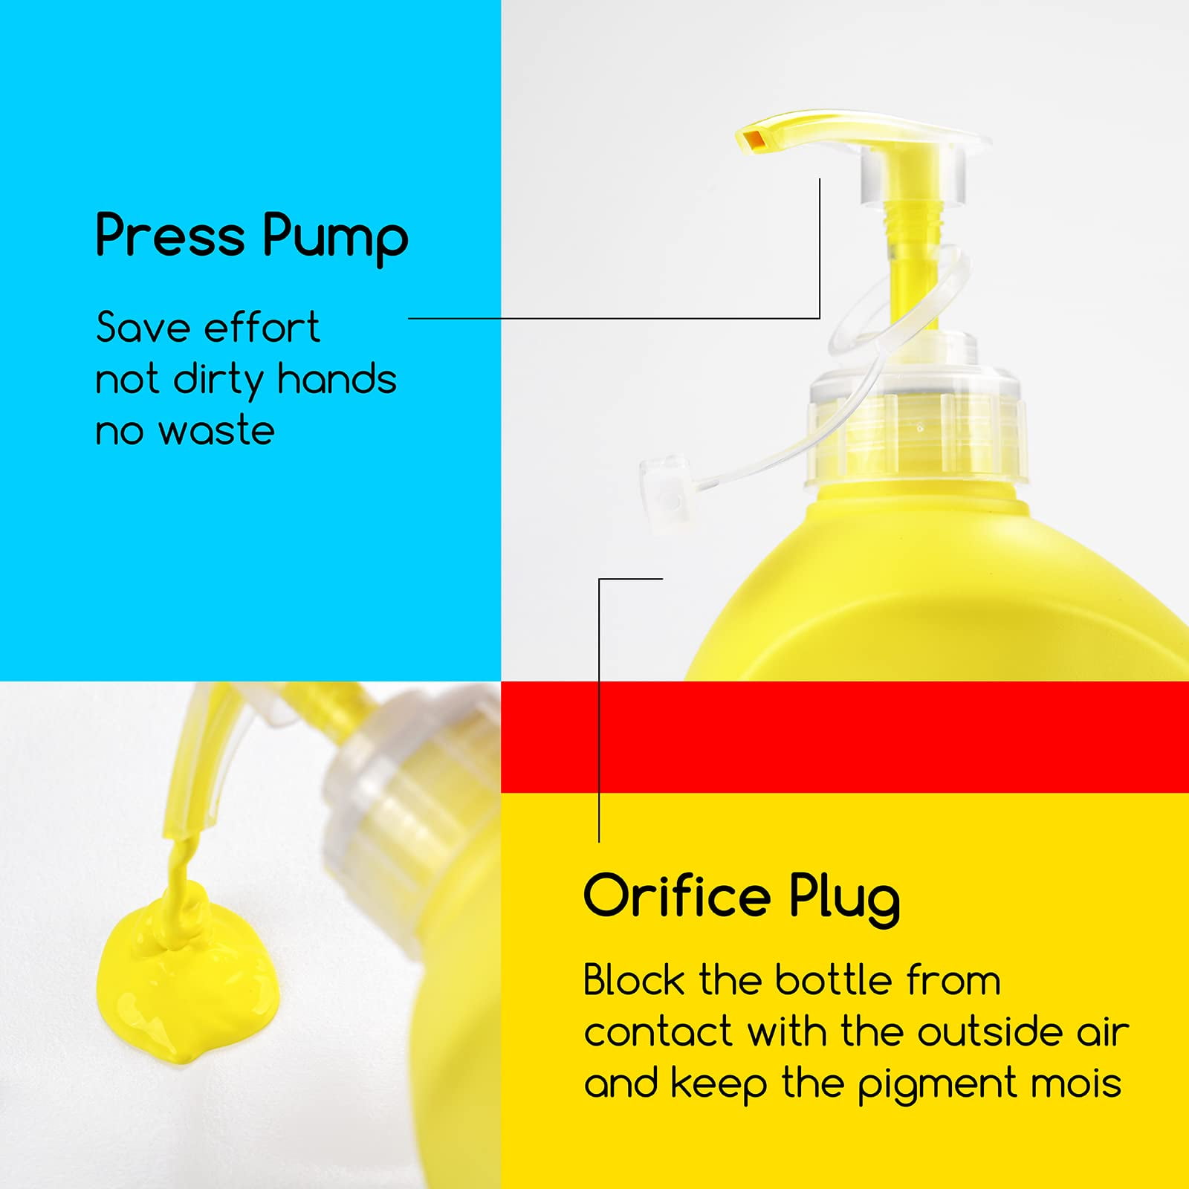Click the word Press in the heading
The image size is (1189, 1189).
pos(170,236)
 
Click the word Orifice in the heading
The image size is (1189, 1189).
pos(676,895)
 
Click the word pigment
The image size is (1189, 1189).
pos(936,1085)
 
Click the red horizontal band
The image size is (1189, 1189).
pos(845,736)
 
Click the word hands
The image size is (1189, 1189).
pos(337,379)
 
